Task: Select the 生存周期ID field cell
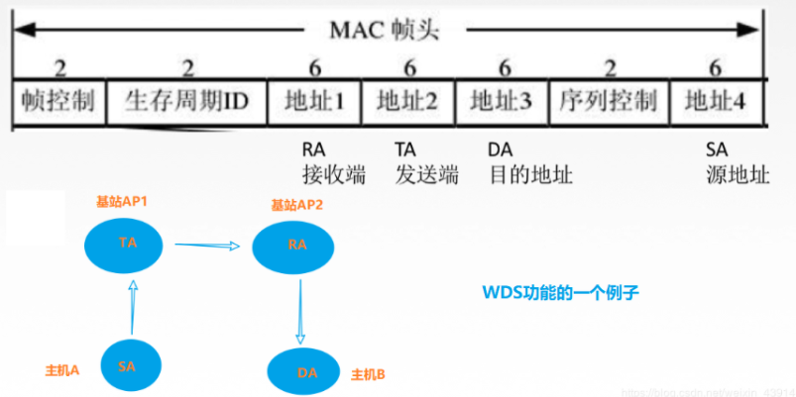pyautogui.click(x=185, y=102)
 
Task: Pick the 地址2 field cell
pyautogui.click(x=407, y=102)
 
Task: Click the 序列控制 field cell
pyautogui.click(x=608, y=102)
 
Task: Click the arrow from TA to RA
pyautogui.click(x=207, y=244)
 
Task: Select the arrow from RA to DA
pyautogui.click(x=299, y=310)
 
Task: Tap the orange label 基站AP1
pyautogui.click(x=122, y=202)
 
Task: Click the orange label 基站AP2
pyautogui.click(x=296, y=205)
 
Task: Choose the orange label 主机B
pyautogui.click(x=368, y=375)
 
